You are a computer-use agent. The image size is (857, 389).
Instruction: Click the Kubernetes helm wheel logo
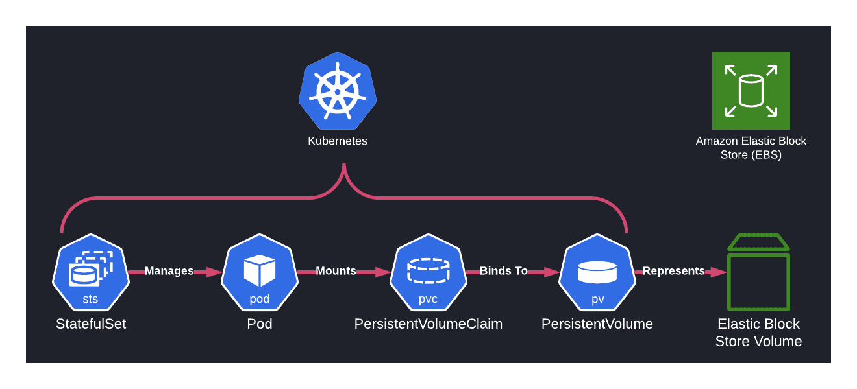(x=338, y=91)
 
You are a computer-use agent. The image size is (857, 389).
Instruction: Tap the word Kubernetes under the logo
(x=338, y=141)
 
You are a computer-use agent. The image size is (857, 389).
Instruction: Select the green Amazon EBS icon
(x=751, y=91)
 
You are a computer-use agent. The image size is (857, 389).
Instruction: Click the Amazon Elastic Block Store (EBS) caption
(x=751, y=148)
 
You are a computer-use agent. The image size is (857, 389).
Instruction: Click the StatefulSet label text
(x=91, y=324)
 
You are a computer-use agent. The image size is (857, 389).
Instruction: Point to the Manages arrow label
(x=169, y=271)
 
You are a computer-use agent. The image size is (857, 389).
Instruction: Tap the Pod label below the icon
(x=260, y=324)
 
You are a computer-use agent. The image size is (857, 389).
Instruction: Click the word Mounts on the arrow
(x=336, y=271)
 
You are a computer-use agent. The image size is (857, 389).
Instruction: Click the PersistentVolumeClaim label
(x=429, y=324)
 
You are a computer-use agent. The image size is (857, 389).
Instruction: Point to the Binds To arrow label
(x=504, y=271)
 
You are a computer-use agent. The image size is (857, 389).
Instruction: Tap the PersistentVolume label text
(x=597, y=324)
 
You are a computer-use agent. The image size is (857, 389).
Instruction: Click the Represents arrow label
(x=673, y=271)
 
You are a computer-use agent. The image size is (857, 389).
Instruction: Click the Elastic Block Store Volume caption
(x=758, y=333)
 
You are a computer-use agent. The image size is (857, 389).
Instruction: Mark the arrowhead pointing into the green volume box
(x=719, y=272)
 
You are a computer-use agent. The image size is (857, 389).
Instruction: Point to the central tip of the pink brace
(x=344, y=166)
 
